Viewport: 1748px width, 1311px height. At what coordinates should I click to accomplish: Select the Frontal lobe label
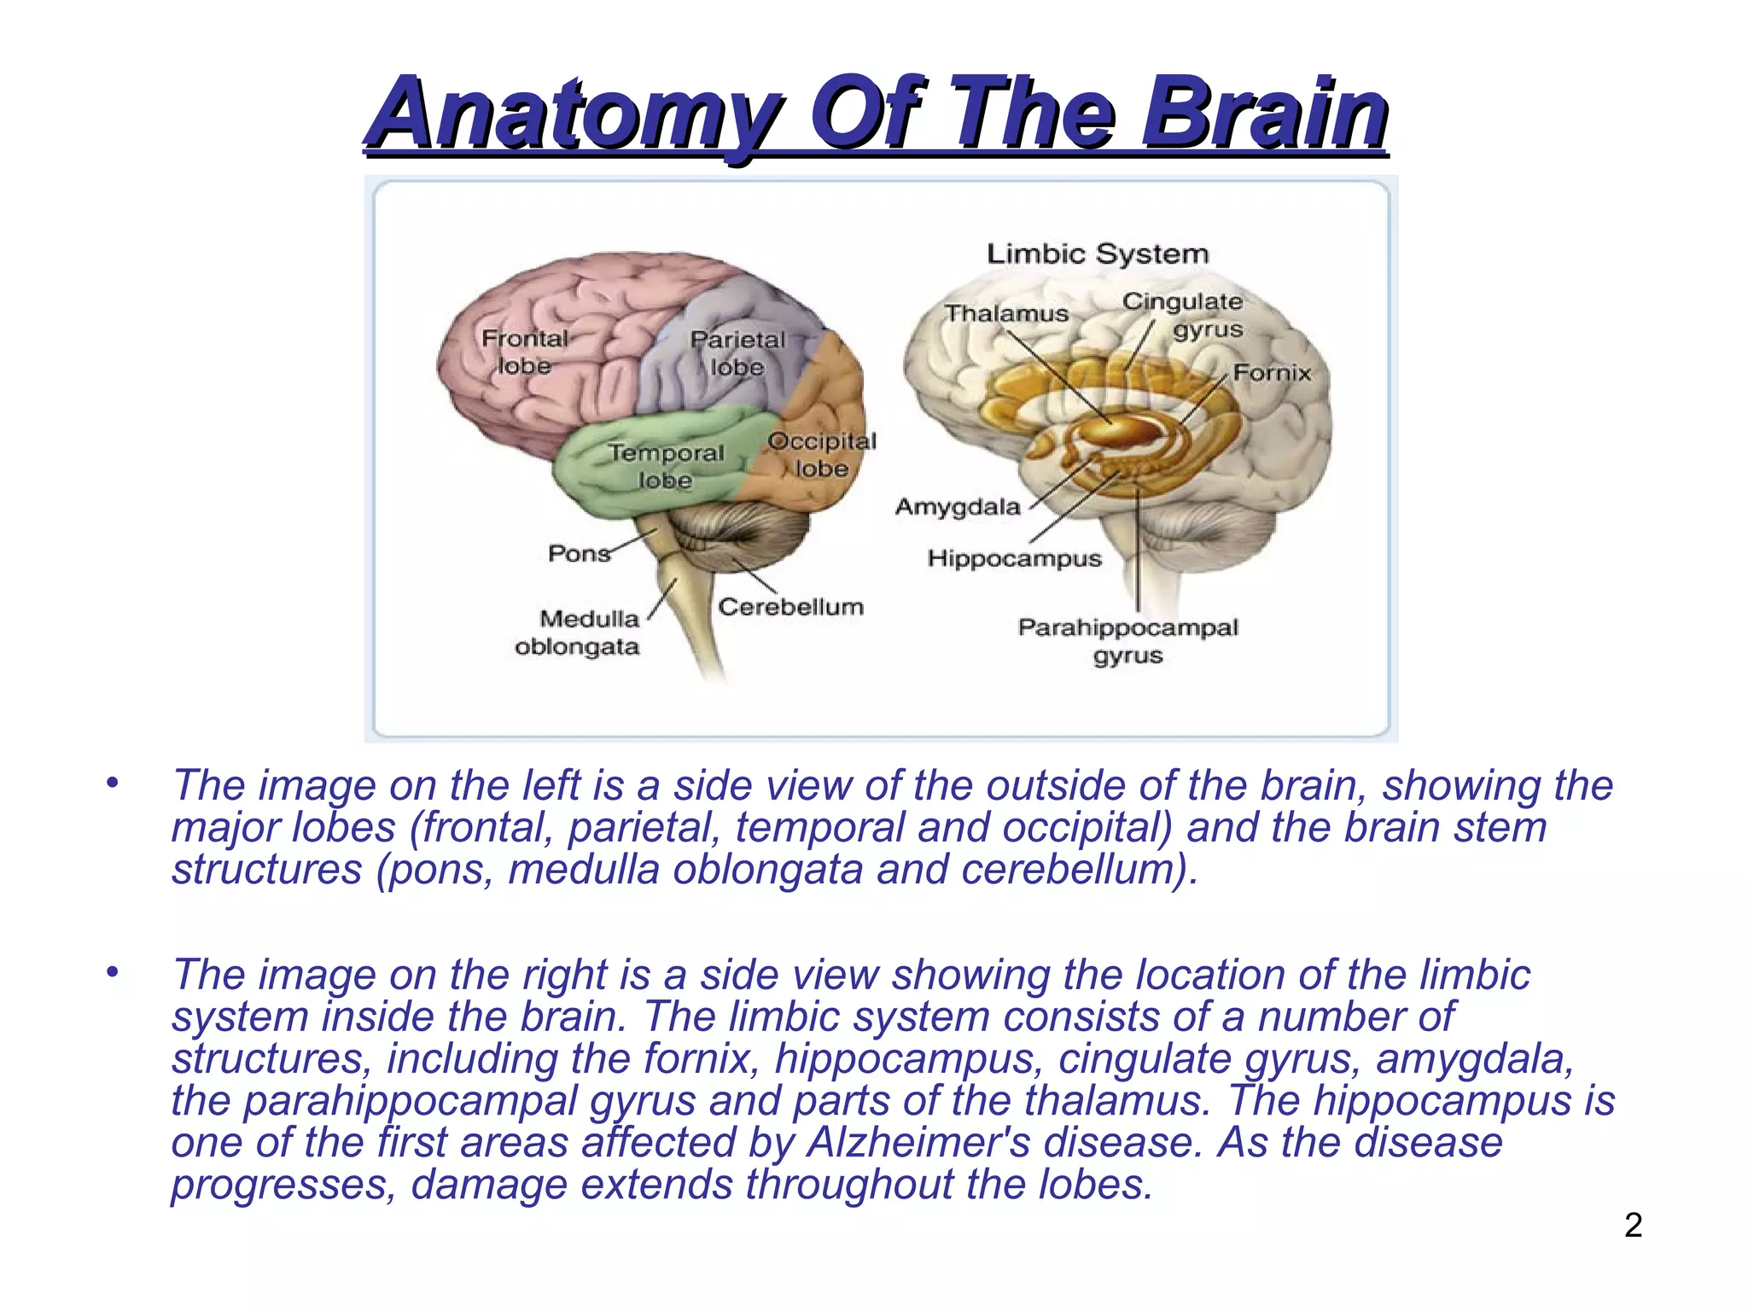pos(524,352)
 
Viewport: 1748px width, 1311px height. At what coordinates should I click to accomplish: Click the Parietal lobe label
pos(737,353)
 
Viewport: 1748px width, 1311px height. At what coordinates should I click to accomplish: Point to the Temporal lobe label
pos(666,466)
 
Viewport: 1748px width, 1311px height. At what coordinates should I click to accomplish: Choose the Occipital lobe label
pos(821,455)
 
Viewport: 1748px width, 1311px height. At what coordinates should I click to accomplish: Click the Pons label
pos(579,553)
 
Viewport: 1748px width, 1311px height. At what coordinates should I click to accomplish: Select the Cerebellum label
pos(790,607)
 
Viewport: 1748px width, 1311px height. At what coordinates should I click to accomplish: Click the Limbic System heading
pos(1098,253)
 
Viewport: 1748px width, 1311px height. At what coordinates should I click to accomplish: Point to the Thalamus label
pos(1006,313)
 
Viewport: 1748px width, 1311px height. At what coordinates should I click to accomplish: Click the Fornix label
pos(1272,373)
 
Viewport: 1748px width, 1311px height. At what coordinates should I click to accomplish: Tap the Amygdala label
pos(958,507)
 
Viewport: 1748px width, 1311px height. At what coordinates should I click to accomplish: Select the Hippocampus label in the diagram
pos(1015,558)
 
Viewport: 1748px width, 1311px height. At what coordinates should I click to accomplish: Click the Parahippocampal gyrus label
pos(1127,641)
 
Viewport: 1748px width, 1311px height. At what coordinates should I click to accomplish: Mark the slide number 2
pos(1633,1226)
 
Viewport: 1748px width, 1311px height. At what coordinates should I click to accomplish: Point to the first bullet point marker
pos(112,782)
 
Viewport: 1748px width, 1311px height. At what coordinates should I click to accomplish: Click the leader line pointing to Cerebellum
pos(755,576)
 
